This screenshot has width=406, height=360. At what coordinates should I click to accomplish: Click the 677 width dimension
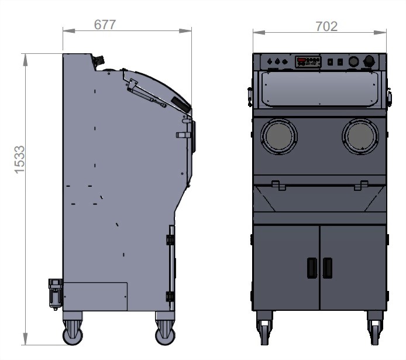click(105, 25)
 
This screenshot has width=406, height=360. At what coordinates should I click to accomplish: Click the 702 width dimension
click(326, 26)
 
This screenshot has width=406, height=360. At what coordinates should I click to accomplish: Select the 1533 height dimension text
click(19, 160)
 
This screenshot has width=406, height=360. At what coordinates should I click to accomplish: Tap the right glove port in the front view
click(360, 136)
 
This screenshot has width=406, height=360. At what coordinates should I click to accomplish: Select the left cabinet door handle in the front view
click(311, 268)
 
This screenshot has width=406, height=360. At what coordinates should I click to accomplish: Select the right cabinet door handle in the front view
click(327, 268)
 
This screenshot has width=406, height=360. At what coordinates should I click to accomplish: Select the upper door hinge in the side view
click(170, 240)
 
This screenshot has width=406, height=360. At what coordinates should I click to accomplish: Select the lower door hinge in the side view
click(170, 296)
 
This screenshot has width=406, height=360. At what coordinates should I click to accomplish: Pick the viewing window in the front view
click(319, 90)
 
